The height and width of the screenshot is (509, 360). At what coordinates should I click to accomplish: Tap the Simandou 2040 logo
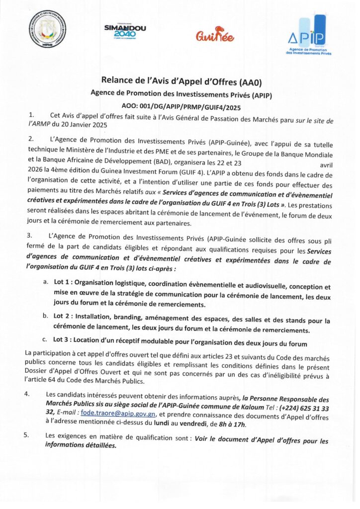click(x=125, y=31)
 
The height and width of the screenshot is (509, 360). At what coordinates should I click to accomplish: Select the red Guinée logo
click(x=215, y=35)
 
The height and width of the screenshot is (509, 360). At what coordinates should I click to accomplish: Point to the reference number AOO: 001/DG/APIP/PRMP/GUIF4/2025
click(x=181, y=105)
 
